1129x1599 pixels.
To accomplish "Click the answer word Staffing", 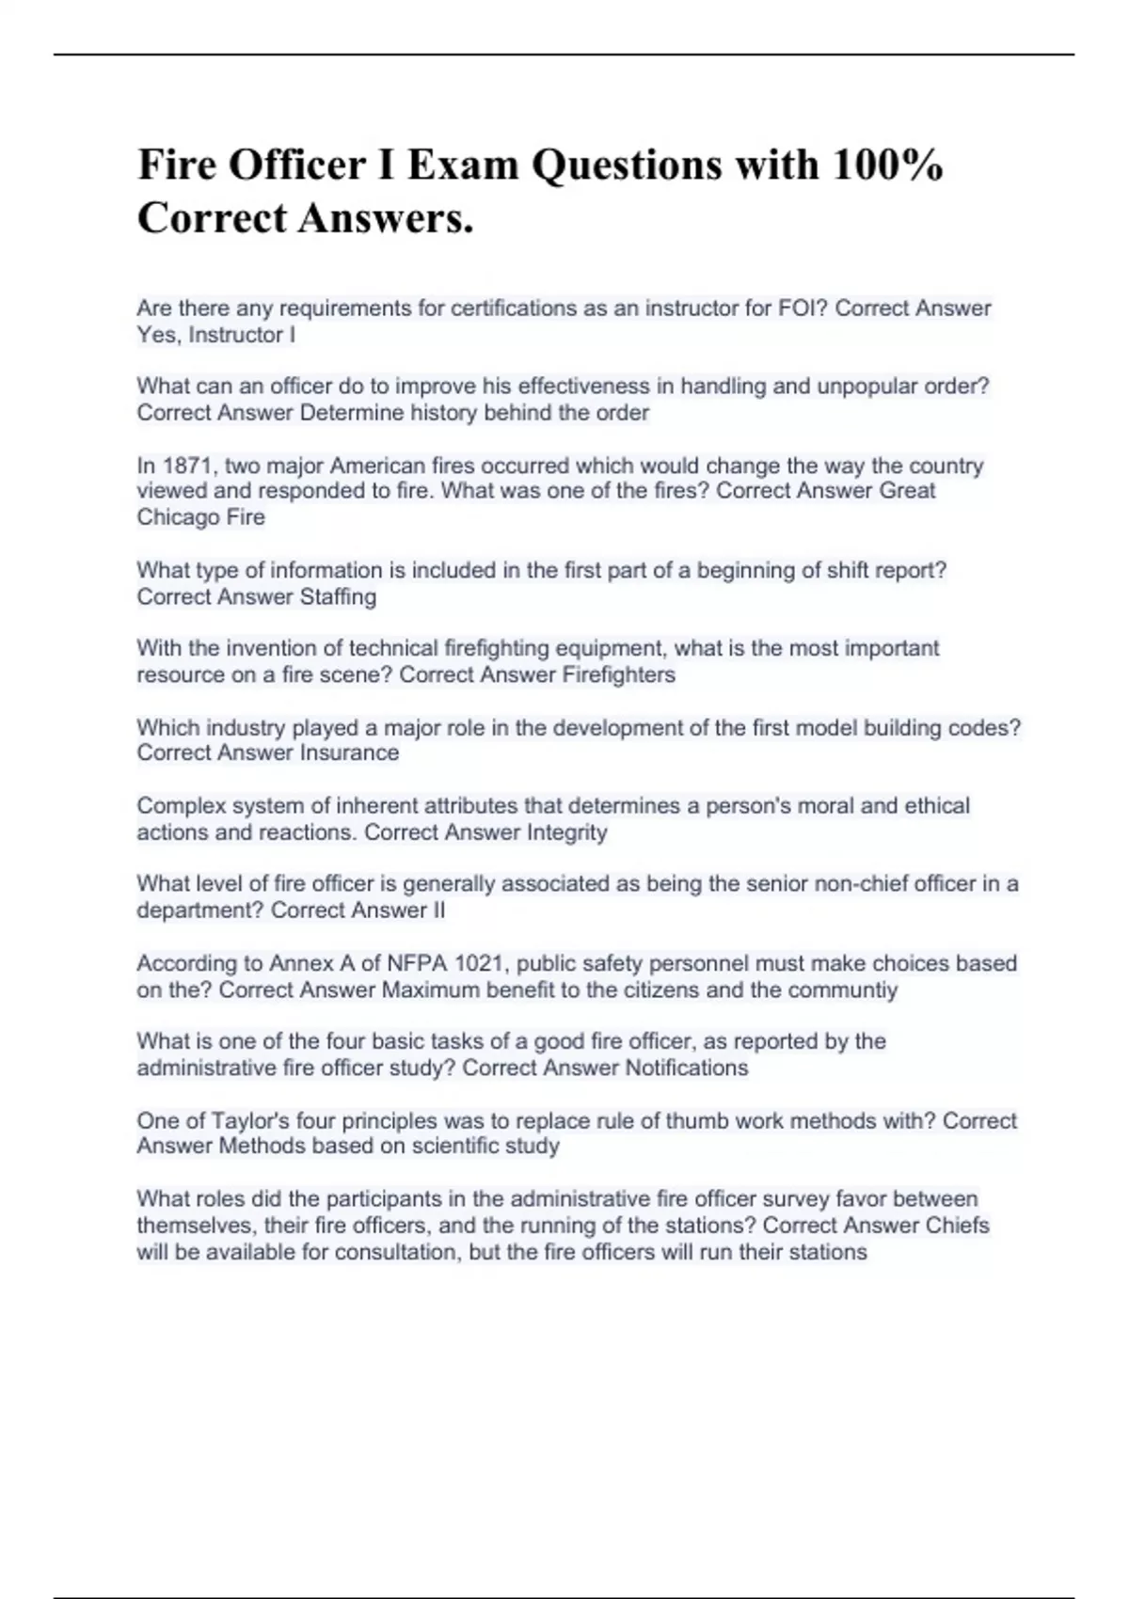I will [338, 597].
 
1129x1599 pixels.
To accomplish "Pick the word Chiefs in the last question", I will [957, 1227].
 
